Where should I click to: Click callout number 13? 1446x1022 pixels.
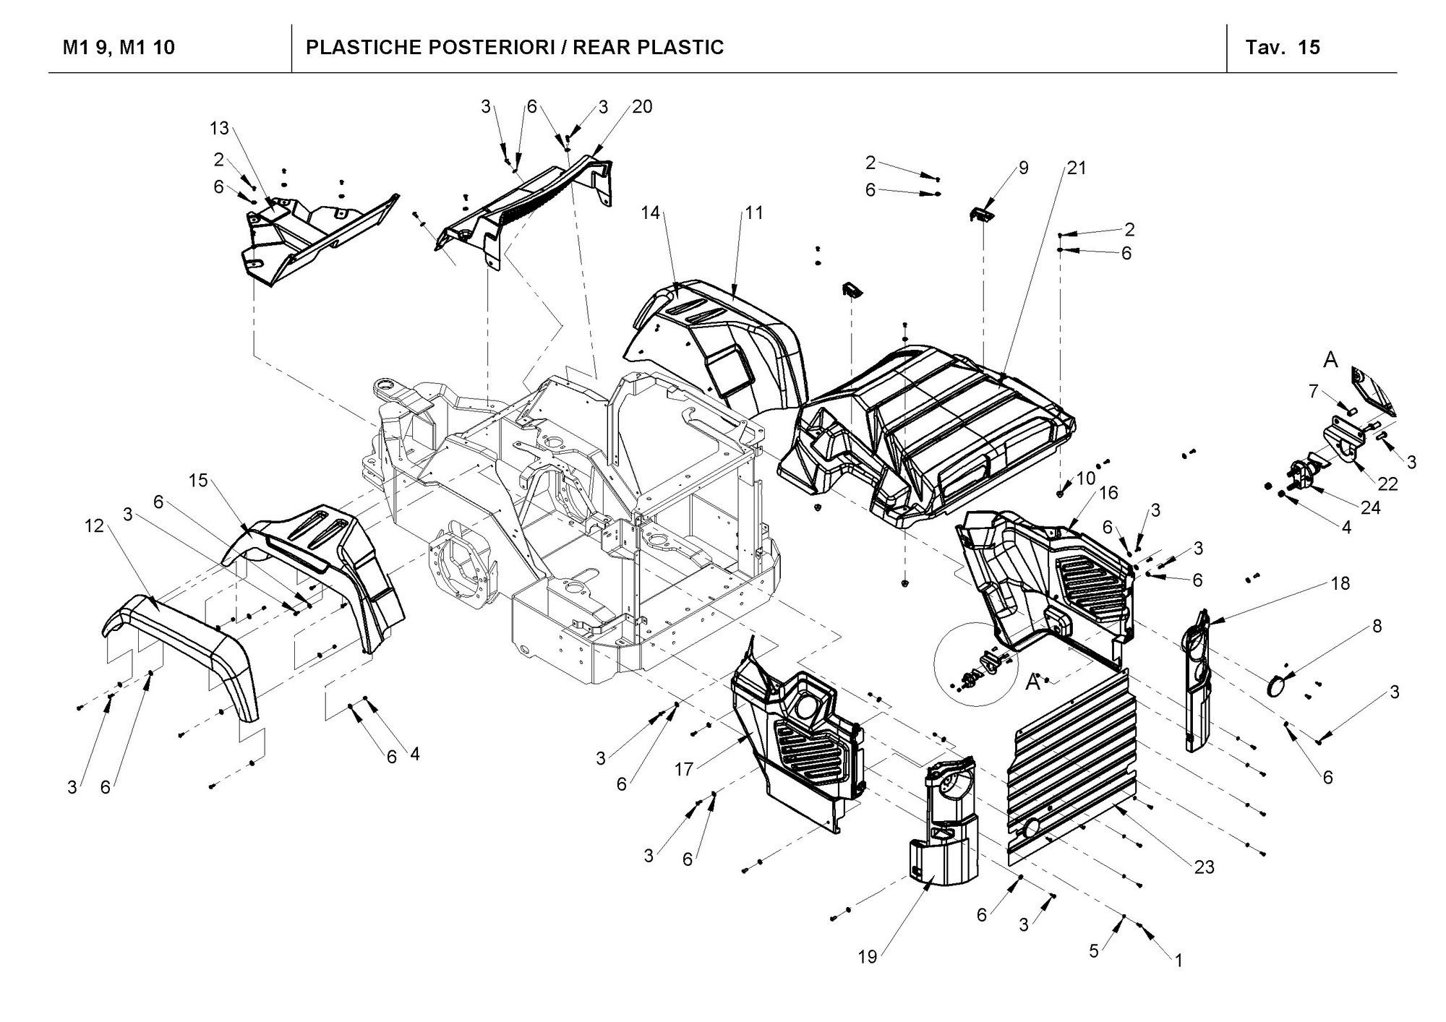click(x=219, y=128)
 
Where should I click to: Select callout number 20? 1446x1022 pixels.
click(x=641, y=107)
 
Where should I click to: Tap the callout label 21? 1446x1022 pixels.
click(x=1077, y=168)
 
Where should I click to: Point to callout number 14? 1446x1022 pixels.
click(x=651, y=212)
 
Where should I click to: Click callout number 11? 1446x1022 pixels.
click(x=755, y=212)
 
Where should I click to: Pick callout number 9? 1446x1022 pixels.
click(x=1023, y=168)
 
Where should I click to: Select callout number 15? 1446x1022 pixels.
click(x=198, y=480)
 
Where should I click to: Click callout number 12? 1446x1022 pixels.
click(x=95, y=526)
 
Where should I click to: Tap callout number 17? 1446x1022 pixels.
click(x=684, y=770)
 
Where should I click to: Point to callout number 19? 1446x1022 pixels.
click(x=868, y=957)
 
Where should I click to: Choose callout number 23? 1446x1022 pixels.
click(x=1204, y=867)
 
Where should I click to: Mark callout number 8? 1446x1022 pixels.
click(x=1377, y=626)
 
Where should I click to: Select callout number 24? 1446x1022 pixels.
click(x=1370, y=508)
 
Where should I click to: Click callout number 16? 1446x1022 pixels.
click(x=1108, y=492)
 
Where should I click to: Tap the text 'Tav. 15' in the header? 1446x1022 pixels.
click(x=1283, y=48)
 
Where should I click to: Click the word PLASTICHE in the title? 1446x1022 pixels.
click(x=363, y=48)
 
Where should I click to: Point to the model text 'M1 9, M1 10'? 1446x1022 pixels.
click(x=119, y=48)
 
